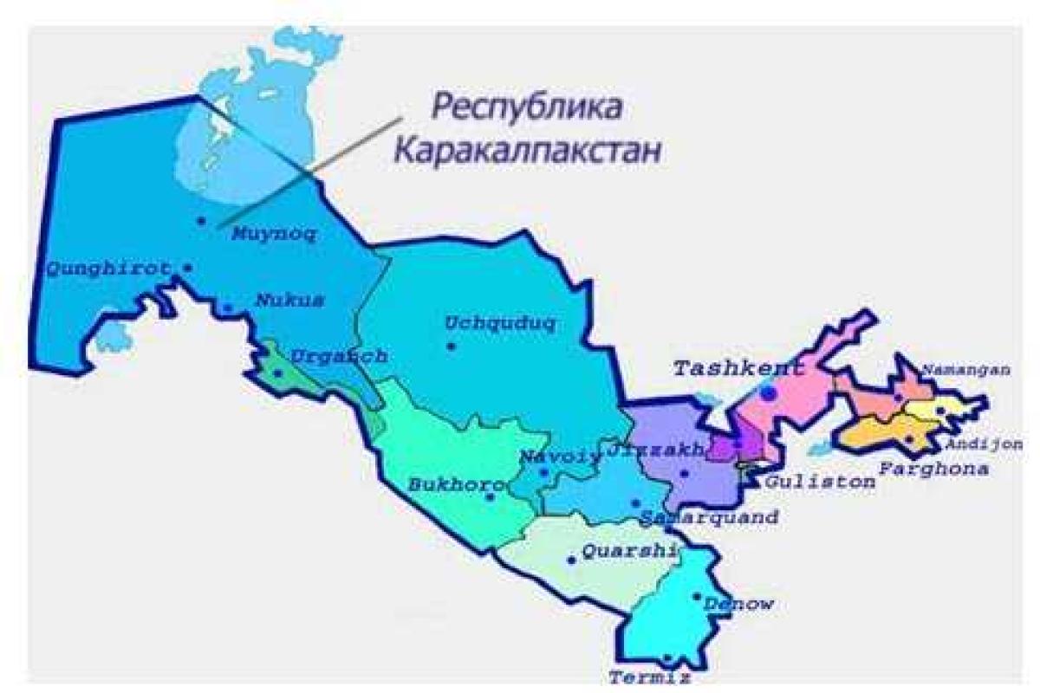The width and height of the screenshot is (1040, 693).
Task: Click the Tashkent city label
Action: (738, 368)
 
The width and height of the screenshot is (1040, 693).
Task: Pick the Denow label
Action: (738, 604)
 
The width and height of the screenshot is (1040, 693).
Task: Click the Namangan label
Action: (965, 370)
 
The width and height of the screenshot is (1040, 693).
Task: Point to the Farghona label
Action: (933, 469)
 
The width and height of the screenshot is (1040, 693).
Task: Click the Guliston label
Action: (819, 482)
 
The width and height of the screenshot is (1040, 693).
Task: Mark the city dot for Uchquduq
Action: (451, 346)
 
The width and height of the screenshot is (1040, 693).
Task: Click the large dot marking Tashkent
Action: (768, 393)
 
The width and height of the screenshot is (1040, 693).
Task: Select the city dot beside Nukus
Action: (228, 308)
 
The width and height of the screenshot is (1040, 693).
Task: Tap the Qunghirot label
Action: (107, 268)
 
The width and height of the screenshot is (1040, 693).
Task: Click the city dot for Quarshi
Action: (571, 560)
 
